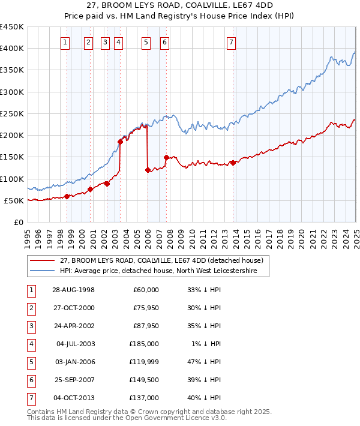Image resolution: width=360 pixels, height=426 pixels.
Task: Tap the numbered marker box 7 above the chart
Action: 231,42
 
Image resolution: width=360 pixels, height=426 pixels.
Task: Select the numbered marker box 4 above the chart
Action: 119,42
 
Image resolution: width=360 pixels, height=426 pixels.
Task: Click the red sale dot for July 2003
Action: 120,142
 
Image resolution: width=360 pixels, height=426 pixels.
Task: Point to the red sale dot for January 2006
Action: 148,170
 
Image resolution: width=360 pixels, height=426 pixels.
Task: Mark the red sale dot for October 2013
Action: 232,163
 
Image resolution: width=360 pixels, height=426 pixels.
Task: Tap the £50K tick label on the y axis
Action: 14,200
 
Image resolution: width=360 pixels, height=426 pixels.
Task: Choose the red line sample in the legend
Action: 43,261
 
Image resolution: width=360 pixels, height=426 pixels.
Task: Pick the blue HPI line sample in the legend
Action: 43,271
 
